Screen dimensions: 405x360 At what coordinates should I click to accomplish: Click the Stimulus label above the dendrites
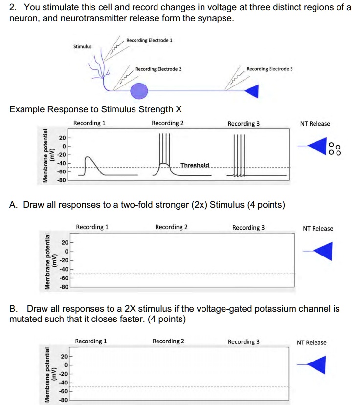coord(82,47)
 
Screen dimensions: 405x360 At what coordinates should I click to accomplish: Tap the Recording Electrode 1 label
coord(149,40)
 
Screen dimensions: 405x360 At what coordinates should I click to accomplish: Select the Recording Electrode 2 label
coord(158,69)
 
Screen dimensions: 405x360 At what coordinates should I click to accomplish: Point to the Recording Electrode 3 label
coord(270,69)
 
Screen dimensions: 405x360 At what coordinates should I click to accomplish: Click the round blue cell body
coord(139,90)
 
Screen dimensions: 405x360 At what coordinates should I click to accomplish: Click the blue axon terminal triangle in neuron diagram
coord(252,90)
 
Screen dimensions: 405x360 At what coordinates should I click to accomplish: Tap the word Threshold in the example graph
coord(194,165)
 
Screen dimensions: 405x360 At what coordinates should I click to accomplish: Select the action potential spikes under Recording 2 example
coord(165,151)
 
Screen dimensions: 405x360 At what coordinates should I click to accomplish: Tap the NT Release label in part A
coord(318,228)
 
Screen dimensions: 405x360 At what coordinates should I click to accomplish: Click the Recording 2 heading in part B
coord(168,341)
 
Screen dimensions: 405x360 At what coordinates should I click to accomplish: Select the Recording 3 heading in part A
coord(248,227)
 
